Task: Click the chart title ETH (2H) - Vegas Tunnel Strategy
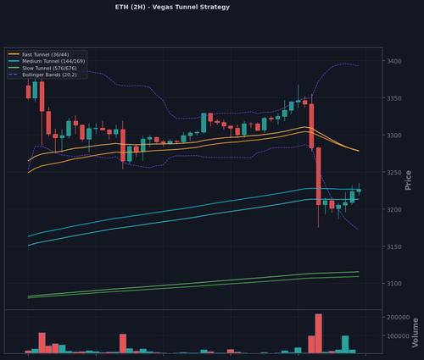click(172, 7)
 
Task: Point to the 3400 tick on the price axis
click(394, 61)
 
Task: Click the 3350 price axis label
click(394, 98)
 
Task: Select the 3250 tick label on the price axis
click(394, 173)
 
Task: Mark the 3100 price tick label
click(394, 284)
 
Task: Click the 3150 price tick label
click(394, 246)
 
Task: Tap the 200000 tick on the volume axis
click(399, 318)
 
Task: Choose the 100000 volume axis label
click(399, 336)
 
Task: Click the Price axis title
click(408, 180)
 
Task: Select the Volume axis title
click(415, 333)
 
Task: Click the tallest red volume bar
click(319, 334)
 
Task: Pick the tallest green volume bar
click(345, 345)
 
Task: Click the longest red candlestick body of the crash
click(319, 176)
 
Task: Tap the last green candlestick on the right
click(359, 191)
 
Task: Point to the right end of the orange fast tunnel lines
click(359, 151)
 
